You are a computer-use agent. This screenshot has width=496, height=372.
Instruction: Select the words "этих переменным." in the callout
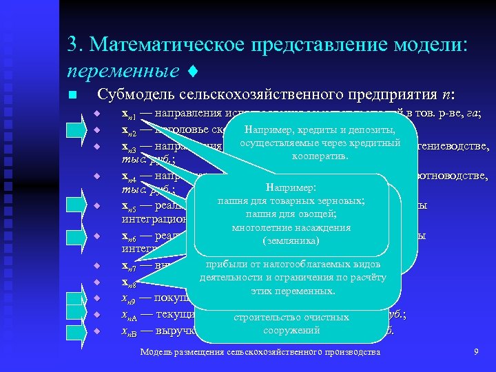(293, 291)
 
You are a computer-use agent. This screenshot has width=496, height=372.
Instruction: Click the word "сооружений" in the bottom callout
(293, 331)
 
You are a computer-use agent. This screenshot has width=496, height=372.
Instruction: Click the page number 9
(476, 353)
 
